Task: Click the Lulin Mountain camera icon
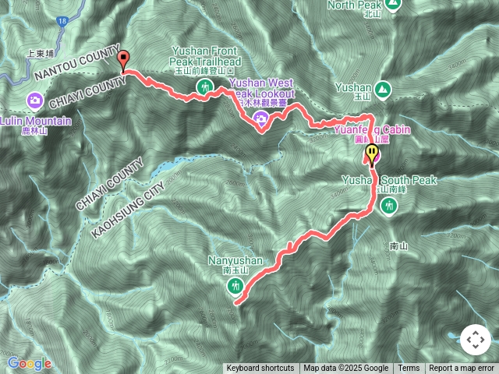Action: (x=35, y=100)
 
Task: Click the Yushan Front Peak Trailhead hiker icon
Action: (x=205, y=86)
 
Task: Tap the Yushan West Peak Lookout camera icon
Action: (x=260, y=118)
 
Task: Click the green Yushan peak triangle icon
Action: (x=383, y=89)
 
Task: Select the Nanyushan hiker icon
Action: (x=235, y=285)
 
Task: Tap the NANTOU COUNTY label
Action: (x=77, y=63)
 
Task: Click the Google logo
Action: (x=29, y=363)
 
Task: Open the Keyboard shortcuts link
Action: (x=260, y=369)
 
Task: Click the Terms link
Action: (x=409, y=369)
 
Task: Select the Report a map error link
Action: (x=462, y=369)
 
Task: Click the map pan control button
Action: (x=475, y=340)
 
